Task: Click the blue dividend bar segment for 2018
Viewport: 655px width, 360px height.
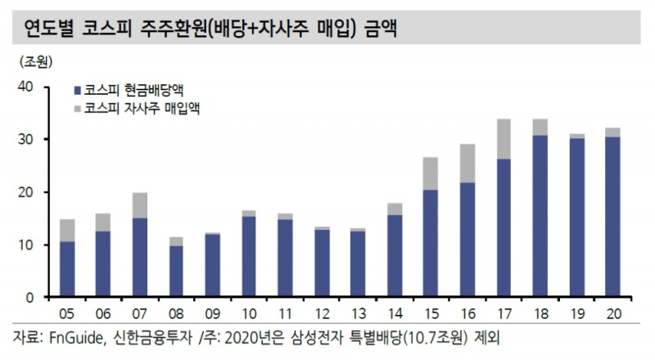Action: point(540,216)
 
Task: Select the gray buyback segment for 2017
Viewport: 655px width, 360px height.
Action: point(504,139)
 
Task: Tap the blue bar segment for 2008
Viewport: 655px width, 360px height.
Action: point(177,271)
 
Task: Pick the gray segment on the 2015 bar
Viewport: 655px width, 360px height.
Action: point(431,173)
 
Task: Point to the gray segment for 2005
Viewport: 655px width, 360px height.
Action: point(67,230)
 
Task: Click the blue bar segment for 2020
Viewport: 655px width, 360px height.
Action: point(612,217)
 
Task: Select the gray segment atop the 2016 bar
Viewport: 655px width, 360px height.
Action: point(468,163)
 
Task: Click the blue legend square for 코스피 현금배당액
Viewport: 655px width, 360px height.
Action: point(77,89)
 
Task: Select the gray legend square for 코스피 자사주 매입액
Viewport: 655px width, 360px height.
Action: point(77,107)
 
